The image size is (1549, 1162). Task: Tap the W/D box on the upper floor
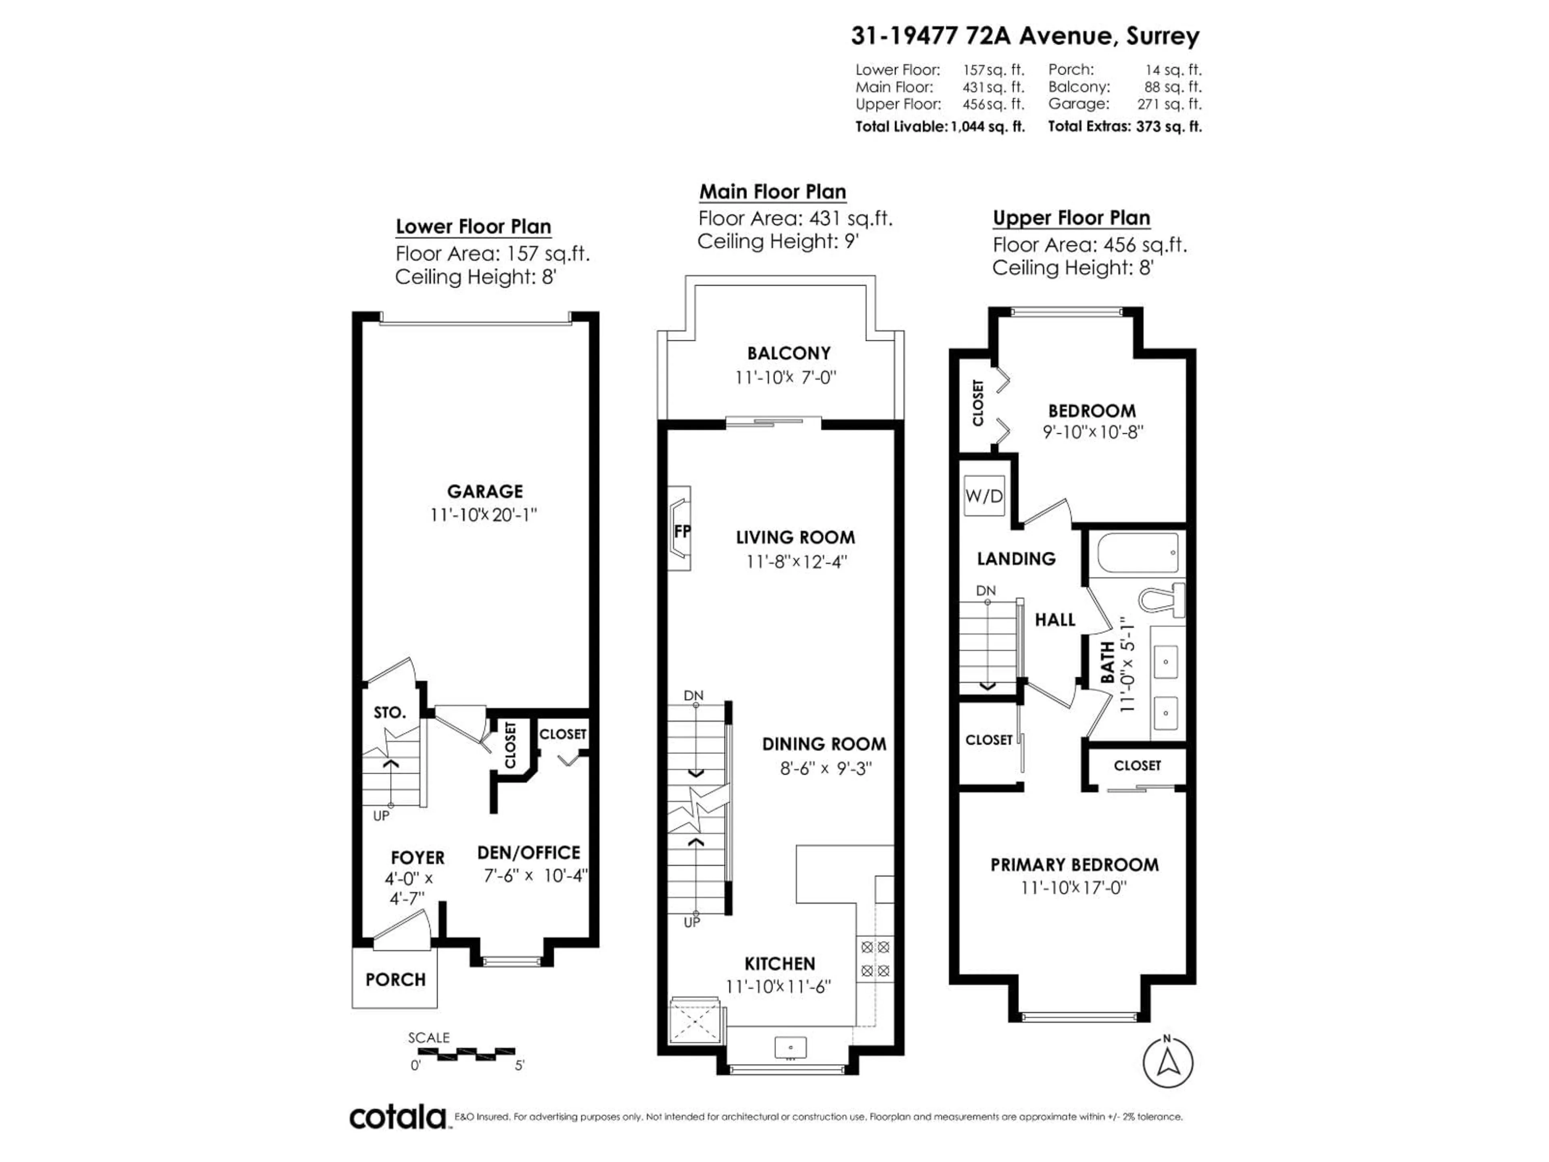click(984, 496)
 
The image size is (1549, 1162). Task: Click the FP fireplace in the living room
click(680, 530)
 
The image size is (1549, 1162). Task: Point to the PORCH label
click(395, 979)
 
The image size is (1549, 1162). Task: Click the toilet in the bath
click(1161, 600)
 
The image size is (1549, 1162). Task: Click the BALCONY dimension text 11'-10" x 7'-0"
click(786, 378)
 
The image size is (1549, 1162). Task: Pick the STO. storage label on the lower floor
click(389, 712)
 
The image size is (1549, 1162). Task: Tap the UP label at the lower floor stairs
click(381, 815)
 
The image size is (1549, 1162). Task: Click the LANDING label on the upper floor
click(1016, 558)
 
